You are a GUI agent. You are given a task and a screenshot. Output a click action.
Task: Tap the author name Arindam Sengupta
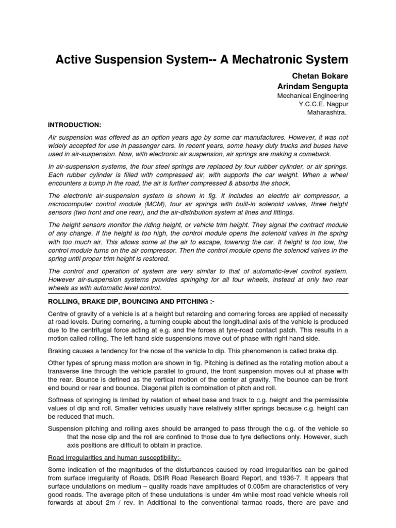click(313, 86)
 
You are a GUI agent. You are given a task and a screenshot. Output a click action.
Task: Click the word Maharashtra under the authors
click(327, 112)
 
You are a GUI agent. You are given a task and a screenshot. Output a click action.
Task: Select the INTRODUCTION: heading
click(74, 125)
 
